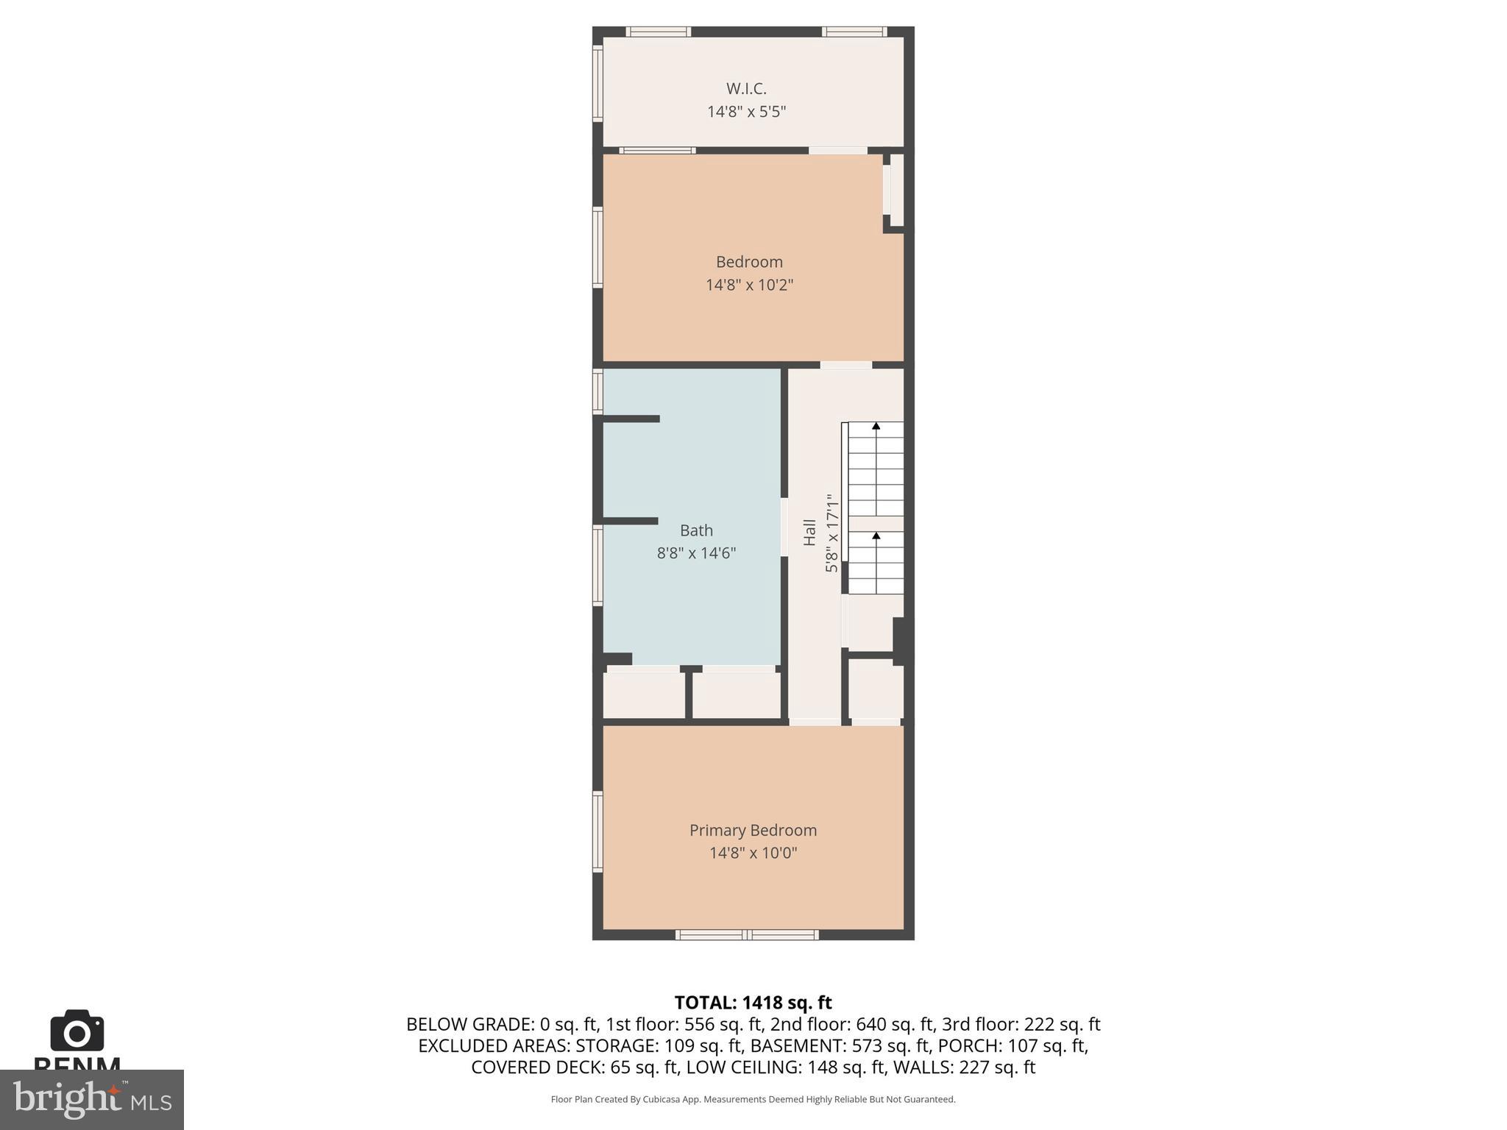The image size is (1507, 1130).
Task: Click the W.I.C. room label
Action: click(x=746, y=89)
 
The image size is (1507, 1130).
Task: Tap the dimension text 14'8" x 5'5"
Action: click(x=746, y=112)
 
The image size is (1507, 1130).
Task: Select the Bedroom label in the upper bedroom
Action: click(x=749, y=262)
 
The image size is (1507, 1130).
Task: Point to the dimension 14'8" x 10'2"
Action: click(x=749, y=285)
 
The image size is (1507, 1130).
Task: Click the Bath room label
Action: click(x=696, y=530)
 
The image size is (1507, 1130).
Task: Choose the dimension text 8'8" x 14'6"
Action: click(x=696, y=553)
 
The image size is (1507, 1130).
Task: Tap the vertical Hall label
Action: click(x=809, y=532)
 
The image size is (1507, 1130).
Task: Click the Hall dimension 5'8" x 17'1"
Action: click(x=831, y=533)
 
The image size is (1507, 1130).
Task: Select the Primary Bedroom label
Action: click(x=753, y=830)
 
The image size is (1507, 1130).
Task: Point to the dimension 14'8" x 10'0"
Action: click(x=753, y=853)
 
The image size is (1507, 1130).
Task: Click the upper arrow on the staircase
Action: click(x=876, y=427)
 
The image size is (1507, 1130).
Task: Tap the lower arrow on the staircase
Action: click(x=876, y=536)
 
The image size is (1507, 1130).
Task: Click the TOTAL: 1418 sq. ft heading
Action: click(x=753, y=1003)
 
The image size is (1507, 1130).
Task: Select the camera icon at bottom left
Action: click(x=77, y=1031)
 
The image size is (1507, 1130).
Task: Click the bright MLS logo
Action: click(x=91, y=1099)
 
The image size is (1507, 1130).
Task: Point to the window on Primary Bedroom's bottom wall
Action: click(x=747, y=935)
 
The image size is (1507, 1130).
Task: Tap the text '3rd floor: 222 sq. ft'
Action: click(x=1021, y=1024)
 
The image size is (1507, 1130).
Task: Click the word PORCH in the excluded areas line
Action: click(x=987, y=1045)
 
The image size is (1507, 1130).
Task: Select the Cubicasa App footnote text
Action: click(x=753, y=1099)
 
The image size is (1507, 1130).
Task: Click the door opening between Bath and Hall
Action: click(x=784, y=527)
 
